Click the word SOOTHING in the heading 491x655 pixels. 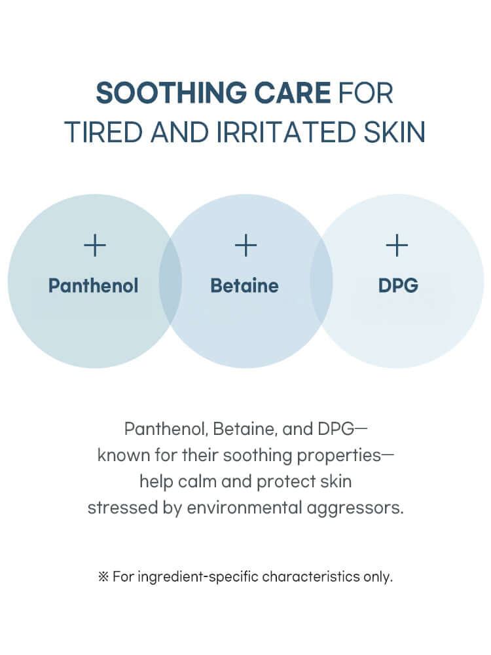[172, 92]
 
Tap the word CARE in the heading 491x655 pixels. [293, 92]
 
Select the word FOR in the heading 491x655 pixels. [366, 92]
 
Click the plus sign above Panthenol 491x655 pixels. [95, 245]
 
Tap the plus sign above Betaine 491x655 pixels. [245, 245]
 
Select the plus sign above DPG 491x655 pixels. [397, 245]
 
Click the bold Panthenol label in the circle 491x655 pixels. [93, 286]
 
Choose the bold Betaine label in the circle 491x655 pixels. [244, 286]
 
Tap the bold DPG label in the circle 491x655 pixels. [398, 286]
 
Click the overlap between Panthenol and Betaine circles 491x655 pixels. [170, 281]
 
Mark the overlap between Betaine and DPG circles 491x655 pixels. [321, 281]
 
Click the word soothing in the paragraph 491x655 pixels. [257, 455]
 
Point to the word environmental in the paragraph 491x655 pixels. [244, 508]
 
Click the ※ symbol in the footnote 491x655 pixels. [103, 577]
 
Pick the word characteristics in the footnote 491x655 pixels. [311, 577]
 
